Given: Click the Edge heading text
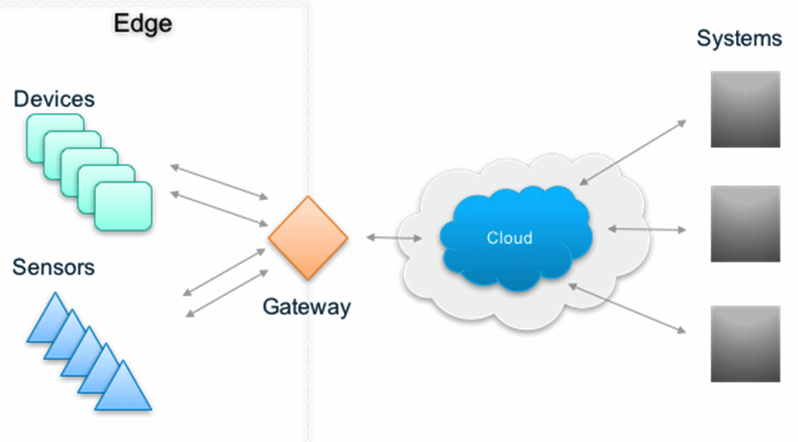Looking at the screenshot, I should [x=143, y=23].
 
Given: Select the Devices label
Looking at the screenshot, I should [x=53, y=99].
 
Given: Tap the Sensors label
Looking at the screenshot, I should [x=53, y=268].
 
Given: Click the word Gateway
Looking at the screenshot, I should [x=306, y=307].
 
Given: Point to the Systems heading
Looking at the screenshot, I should [x=739, y=38].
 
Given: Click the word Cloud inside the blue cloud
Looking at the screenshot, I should [x=509, y=238].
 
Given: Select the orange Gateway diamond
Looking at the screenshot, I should [x=308, y=238].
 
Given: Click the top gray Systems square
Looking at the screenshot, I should [x=745, y=110].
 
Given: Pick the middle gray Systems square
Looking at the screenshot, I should [x=745, y=224].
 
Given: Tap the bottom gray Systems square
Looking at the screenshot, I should [x=745, y=343].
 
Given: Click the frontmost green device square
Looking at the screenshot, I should [x=123, y=207].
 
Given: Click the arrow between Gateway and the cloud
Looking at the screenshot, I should [x=394, y=238].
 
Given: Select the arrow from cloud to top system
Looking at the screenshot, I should [x=632, y=152].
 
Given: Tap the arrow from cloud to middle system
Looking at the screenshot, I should [x=646, y=229].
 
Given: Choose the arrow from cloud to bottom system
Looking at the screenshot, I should [x=627, y=308].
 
